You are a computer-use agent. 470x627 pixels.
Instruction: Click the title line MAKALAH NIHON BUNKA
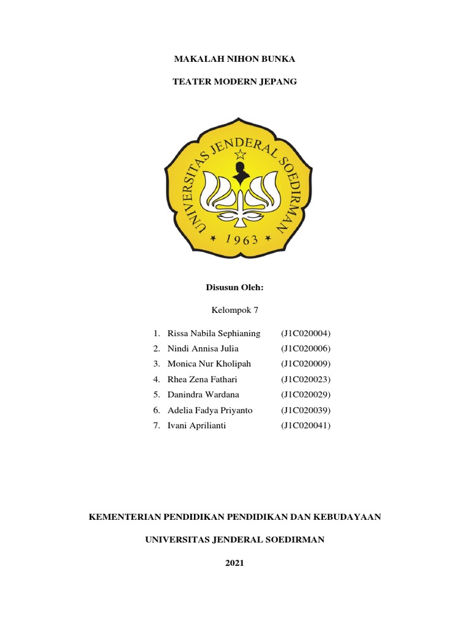point(235,59)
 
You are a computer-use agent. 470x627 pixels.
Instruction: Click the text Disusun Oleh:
point(235,287)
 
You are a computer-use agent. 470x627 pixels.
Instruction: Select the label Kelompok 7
point(235,310)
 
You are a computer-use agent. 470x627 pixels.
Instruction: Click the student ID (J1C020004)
point(306,334)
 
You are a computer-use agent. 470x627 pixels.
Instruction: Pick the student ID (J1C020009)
point(306,364)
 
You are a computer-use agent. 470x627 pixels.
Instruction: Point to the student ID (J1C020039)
point(306,410)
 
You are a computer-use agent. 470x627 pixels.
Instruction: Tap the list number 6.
point(157,410)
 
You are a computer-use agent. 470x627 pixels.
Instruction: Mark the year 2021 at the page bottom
point(235,563)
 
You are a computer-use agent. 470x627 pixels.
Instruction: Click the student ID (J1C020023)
point(306,380)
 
